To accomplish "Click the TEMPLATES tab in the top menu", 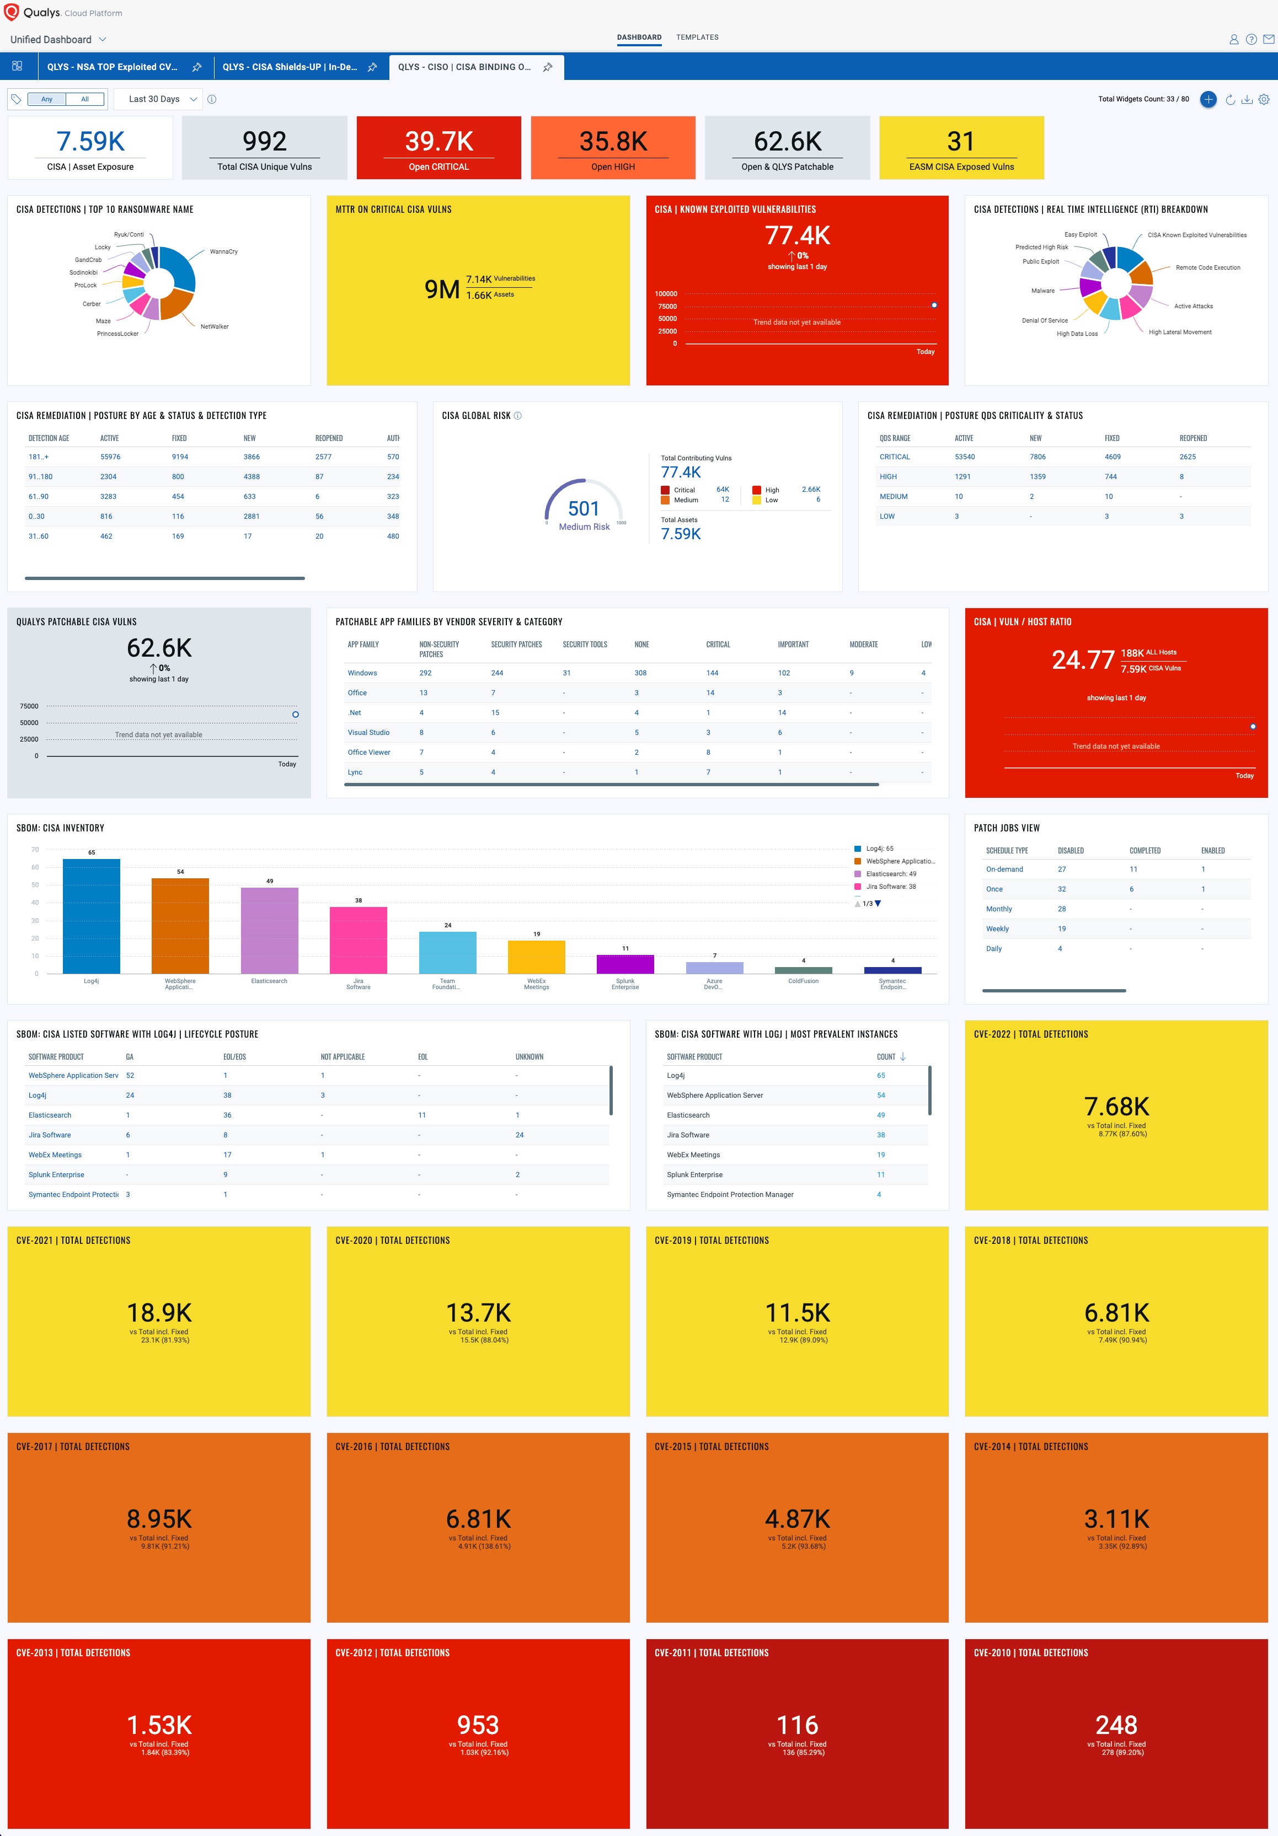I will (x=697, y=37).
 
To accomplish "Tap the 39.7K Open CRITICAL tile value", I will (x=439, y=142).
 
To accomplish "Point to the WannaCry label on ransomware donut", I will (x=223, y=252).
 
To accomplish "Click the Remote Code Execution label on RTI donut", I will (x=1207, y=268).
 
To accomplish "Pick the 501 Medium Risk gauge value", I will (x=583, y=508).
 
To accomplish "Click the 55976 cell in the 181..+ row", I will (x=110, y=457).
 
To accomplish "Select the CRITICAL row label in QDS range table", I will (x=894, y=457).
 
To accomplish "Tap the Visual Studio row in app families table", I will (x=368, y=733).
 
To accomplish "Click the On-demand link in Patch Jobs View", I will (x=1004, y=869).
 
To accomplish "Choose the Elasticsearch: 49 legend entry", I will (x=890, y=874).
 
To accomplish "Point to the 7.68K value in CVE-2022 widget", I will (x=1116, y=1107).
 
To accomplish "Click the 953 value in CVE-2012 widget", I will (x=478, y=1725).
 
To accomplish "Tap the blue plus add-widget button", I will (x=1207, y=99).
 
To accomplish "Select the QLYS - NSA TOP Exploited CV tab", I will (x=112, y=67).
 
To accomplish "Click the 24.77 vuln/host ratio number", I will (x=1082, y=660).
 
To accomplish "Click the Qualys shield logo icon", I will (x=11, y=12).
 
